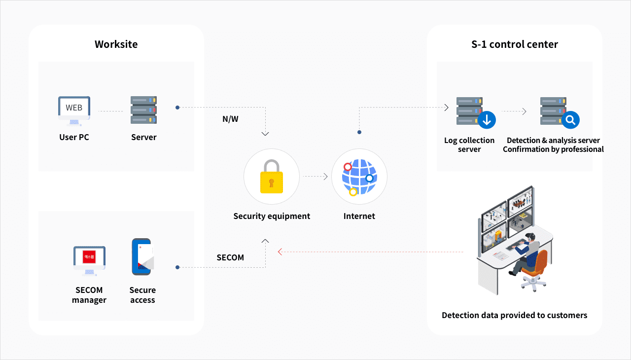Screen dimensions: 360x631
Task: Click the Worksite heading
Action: [x=116, y=44]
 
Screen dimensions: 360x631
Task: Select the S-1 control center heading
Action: [x=515, y=44]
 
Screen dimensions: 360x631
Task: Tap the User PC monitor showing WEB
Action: [x=74, y=108]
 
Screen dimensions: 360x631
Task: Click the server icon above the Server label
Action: [x=143, y=110]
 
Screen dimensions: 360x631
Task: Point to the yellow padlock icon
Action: [x=271, y=176]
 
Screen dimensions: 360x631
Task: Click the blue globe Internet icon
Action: [x=359, y=177]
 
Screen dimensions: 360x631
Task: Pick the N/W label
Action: [x=230, y=119]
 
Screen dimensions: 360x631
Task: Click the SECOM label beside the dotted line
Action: [x=230, y=257]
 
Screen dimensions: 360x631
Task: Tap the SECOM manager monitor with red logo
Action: [x=89, y=259]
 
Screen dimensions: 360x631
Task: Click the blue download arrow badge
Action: [x=487, y=120]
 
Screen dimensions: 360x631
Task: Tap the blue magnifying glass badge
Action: [x=571, y=120]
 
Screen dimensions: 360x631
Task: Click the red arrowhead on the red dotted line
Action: [x=280, y=252]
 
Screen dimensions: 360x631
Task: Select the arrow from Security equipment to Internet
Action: [x=315, y=176]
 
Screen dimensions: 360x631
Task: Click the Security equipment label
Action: [x=272, y=216]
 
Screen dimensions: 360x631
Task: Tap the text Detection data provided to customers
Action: [x=514, y=315]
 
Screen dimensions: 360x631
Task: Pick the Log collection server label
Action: [x=469, y=145]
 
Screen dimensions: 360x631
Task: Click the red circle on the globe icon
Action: [x=348, y=167]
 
